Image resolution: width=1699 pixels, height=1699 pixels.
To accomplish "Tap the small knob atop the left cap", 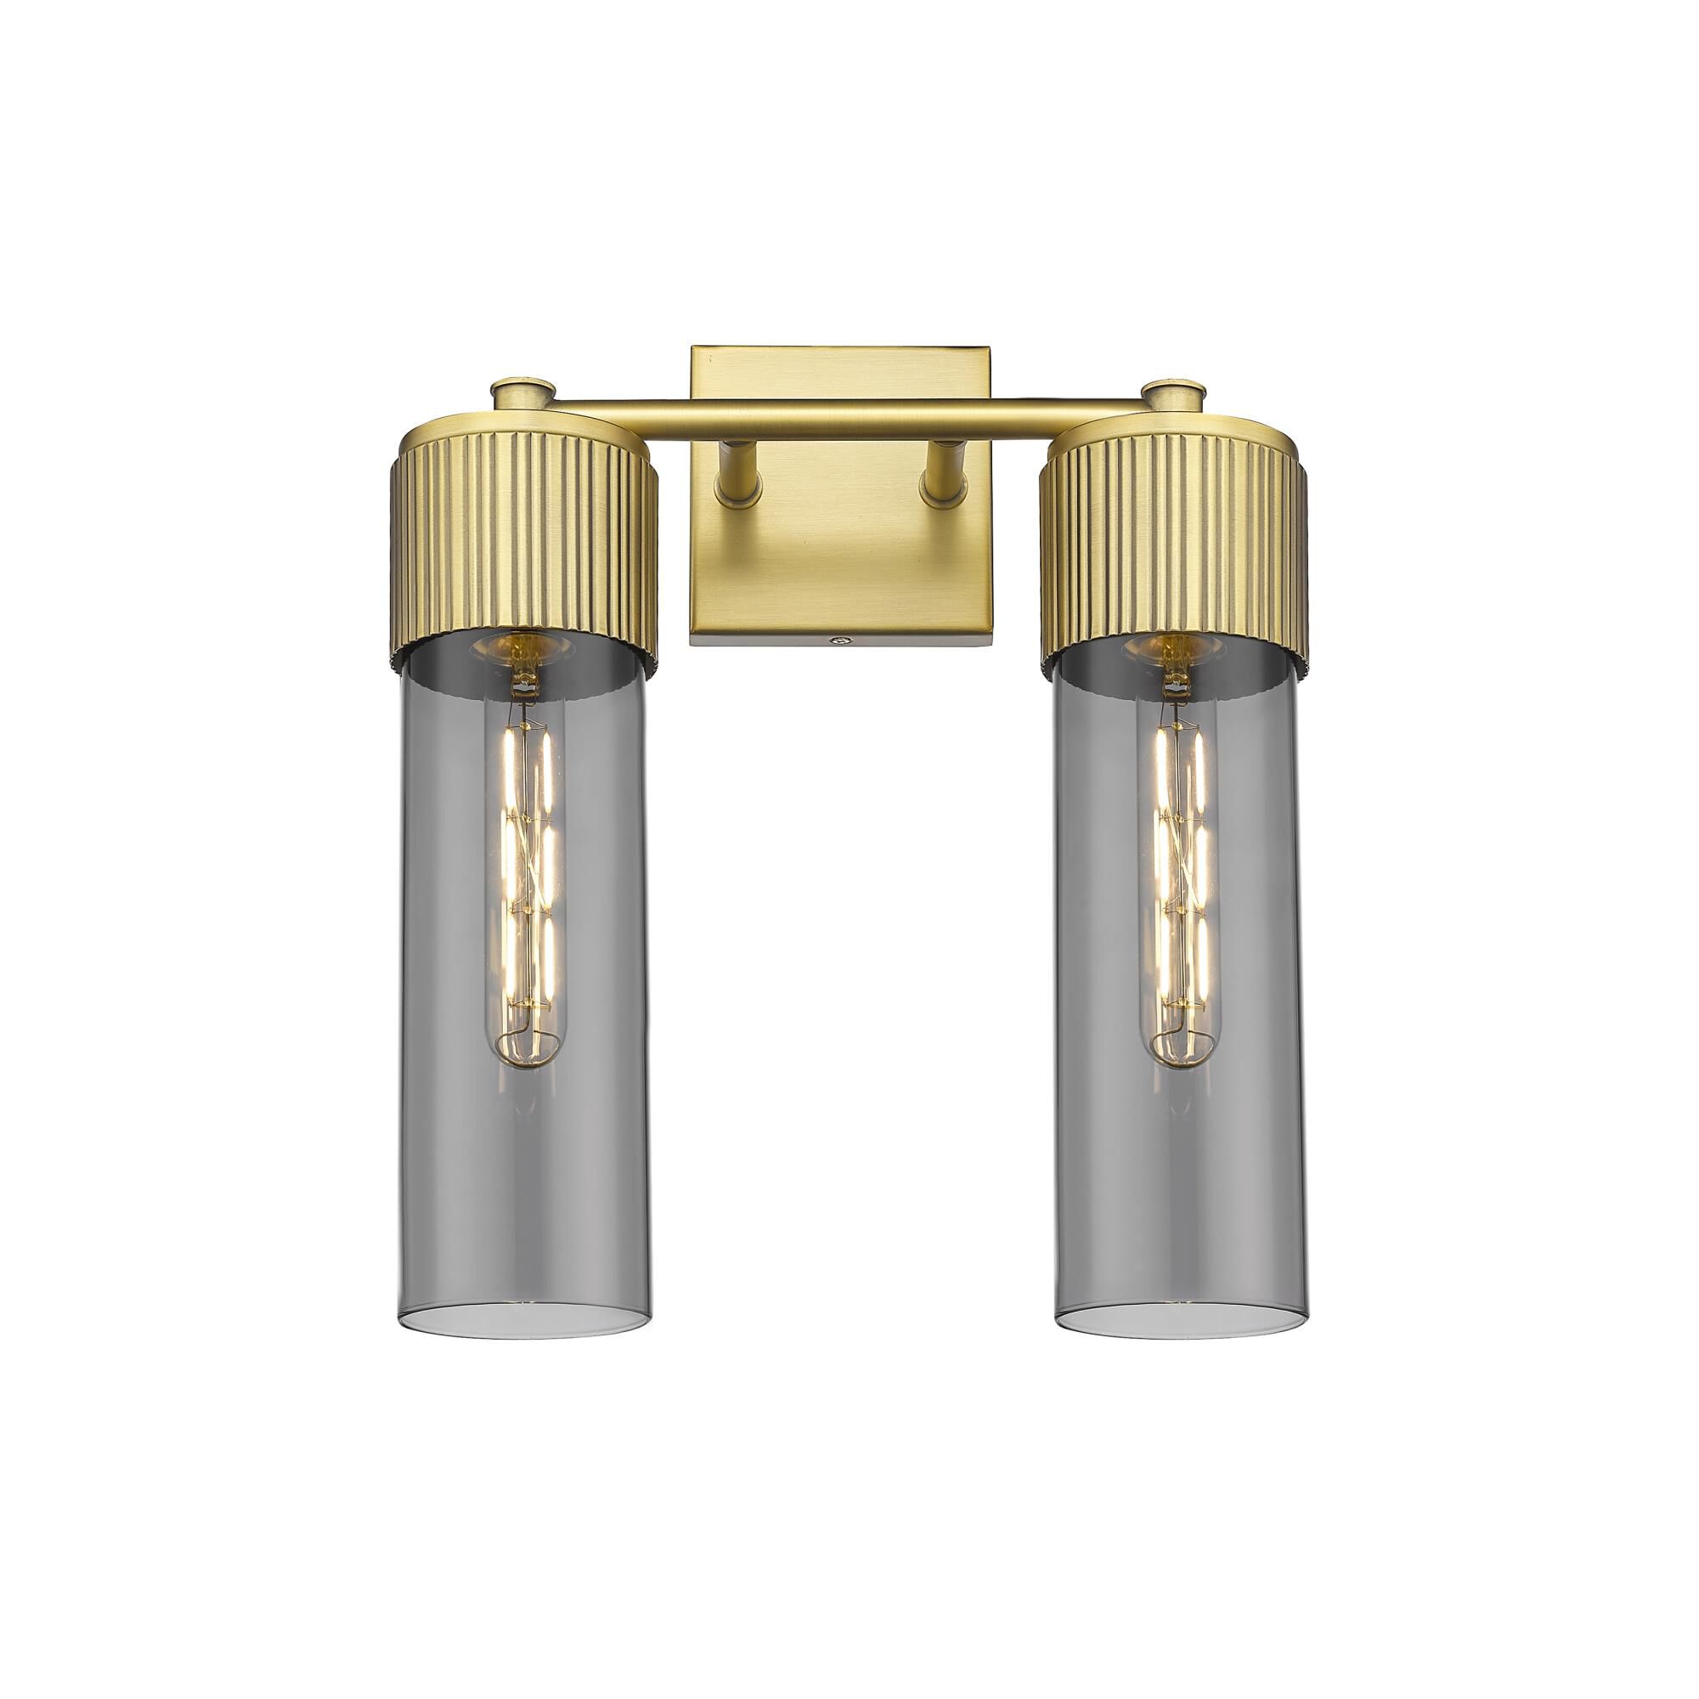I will coord(524,392).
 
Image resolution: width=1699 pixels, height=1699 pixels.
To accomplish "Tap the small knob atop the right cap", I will coord(1173,392).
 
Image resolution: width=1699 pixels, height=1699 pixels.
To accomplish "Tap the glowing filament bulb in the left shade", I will coord(525,879).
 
